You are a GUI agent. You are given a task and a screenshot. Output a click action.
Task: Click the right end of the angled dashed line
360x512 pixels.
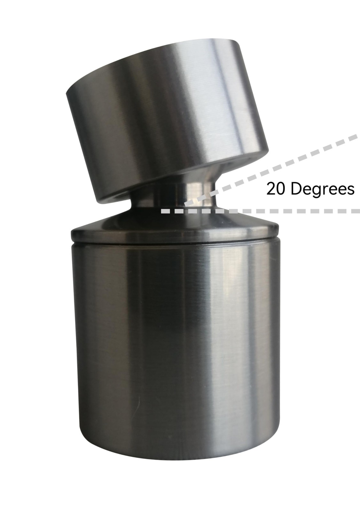(357, 137)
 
